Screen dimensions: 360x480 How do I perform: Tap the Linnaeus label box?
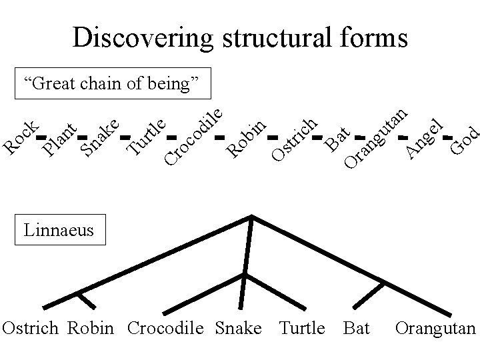pyautogui.click(x=59, y=231)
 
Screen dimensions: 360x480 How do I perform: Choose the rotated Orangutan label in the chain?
pyautogui.click(x=375, y=137)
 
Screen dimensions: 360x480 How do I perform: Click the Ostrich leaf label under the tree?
pyautogui.click(x=31, y=328)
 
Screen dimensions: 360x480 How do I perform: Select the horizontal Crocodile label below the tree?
pyautogui.click(x=165, y=328)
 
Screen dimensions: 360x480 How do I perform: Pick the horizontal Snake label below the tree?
pyautogui.click(x=239, y=328)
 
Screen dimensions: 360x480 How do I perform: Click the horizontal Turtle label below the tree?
pyautogui.click(x=302, y=328)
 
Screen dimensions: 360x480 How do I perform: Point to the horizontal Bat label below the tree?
pyautogui.click(x=357, y=328)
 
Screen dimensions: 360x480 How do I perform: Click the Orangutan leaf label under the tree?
pyautogui.click(x=435, y=328)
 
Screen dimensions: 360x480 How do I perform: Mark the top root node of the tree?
pyautogui.click(x=251, y=216)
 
